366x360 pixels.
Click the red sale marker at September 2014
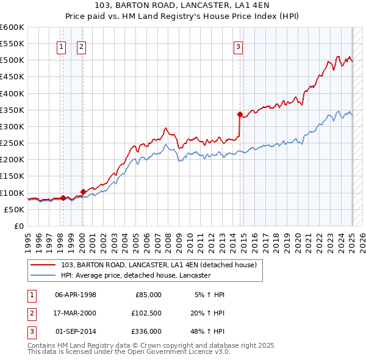[x=240, y=114]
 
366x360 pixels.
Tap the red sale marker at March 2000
[x=83, y=192]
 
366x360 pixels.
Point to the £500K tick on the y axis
[x=12, y=60]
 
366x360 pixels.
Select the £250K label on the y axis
[x=12, y=143]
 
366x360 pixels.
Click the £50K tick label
[x=14, y=209]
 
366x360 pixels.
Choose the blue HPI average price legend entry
[x=135, y=275]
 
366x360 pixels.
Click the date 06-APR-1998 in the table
[x=76, y=294]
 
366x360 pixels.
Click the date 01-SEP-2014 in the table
[x=76, y=331]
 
